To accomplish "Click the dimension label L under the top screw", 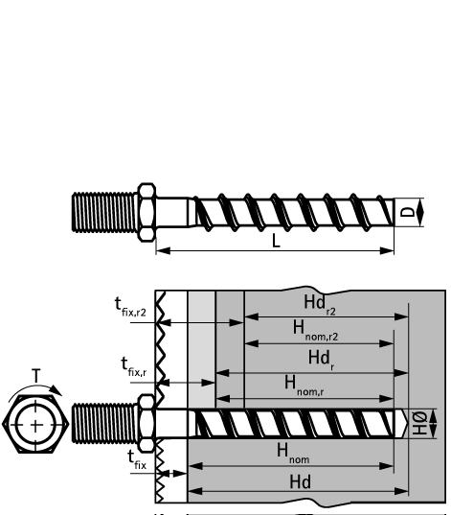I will point(276,242).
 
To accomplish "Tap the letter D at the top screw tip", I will point(408,210).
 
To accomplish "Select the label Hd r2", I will point(322,304).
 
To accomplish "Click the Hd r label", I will point(320,358).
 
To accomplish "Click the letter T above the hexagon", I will point(35,376).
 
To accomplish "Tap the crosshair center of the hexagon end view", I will point(35,423).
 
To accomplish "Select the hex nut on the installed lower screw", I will point(147,422).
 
